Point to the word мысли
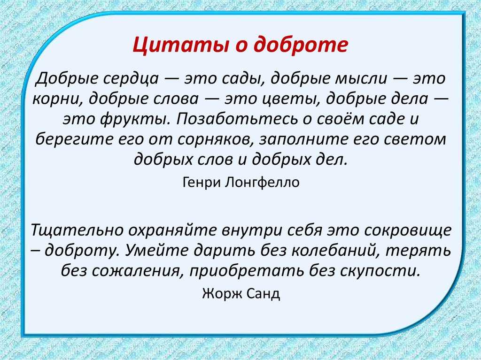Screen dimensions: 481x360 [361, 79]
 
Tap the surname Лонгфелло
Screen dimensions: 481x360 [262, 182]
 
